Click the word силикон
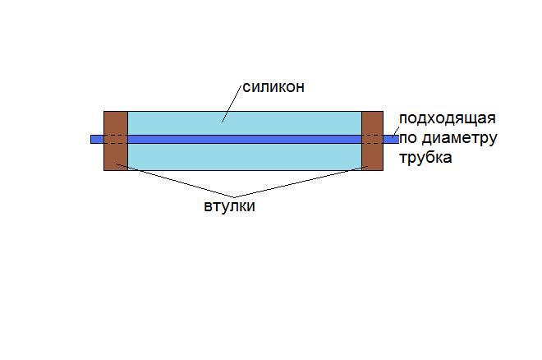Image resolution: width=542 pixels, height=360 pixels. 273,87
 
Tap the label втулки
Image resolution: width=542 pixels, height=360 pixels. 229,206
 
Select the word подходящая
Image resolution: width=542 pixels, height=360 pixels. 448,119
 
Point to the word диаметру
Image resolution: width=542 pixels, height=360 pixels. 460,139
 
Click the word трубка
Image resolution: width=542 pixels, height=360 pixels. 425,157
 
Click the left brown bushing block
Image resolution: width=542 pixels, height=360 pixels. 116,141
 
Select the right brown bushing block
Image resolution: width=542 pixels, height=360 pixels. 372,141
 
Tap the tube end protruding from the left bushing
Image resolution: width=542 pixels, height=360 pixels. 97,139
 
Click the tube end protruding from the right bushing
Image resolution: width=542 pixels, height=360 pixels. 391,139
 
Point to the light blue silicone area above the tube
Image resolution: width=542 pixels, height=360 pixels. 245,123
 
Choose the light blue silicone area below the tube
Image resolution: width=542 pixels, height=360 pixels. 245,157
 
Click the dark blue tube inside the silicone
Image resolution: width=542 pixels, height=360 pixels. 245,139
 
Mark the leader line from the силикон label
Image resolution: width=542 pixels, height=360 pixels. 232,104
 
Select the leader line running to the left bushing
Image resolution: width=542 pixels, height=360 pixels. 175,181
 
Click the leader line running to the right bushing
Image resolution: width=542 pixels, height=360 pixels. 301,182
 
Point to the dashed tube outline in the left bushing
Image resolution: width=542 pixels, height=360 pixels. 116,139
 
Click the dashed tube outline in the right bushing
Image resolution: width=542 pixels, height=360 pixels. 372,139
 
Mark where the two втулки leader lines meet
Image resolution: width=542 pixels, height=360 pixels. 235,198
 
